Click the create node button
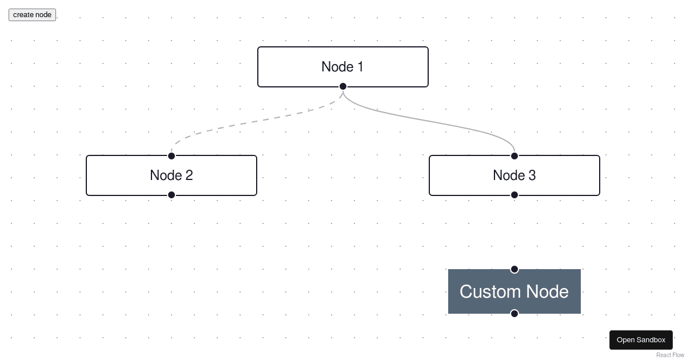(32, 15)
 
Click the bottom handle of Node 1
(343, 86)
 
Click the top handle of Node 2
(171, 156)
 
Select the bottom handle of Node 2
(171, 195)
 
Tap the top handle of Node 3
(514, 156)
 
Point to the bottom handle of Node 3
(514, 195)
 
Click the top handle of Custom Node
(514, 269)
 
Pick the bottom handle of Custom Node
(514, 313)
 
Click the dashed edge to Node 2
(257, 121)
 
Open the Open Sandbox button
(641, 340)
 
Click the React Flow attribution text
(670, 355)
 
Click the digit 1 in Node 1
(360, 67)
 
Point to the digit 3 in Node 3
(532, 175)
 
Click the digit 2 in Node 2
(189, 175)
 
